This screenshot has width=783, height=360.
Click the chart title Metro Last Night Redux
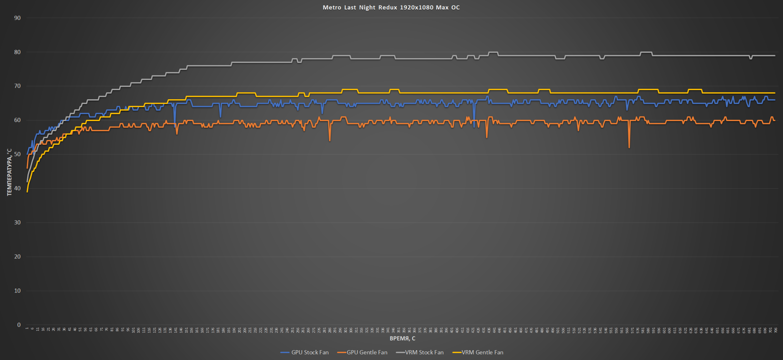pos(391,8)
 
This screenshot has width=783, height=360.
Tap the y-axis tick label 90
pos(17,18)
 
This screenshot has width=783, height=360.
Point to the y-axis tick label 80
pos(17,52)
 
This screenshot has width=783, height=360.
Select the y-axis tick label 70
pos(17,86)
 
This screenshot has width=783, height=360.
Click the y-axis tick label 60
pos(17,120)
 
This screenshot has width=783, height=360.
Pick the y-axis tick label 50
pos(17,154)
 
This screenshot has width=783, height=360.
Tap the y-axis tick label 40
pos(17,188)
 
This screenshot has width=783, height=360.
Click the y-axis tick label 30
pos(17,223)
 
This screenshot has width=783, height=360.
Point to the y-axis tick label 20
pos(17,257)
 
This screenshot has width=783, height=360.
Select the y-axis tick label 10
pos(17,291)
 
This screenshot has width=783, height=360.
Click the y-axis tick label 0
pos(19,325)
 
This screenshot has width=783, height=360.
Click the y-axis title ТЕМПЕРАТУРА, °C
pos(9,172)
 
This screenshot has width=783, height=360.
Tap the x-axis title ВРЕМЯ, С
pos(402,338)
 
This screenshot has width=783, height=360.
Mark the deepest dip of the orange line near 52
pos(629,148)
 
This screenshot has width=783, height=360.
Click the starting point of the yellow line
pos(27,192)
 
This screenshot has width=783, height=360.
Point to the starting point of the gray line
pos(27,181)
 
